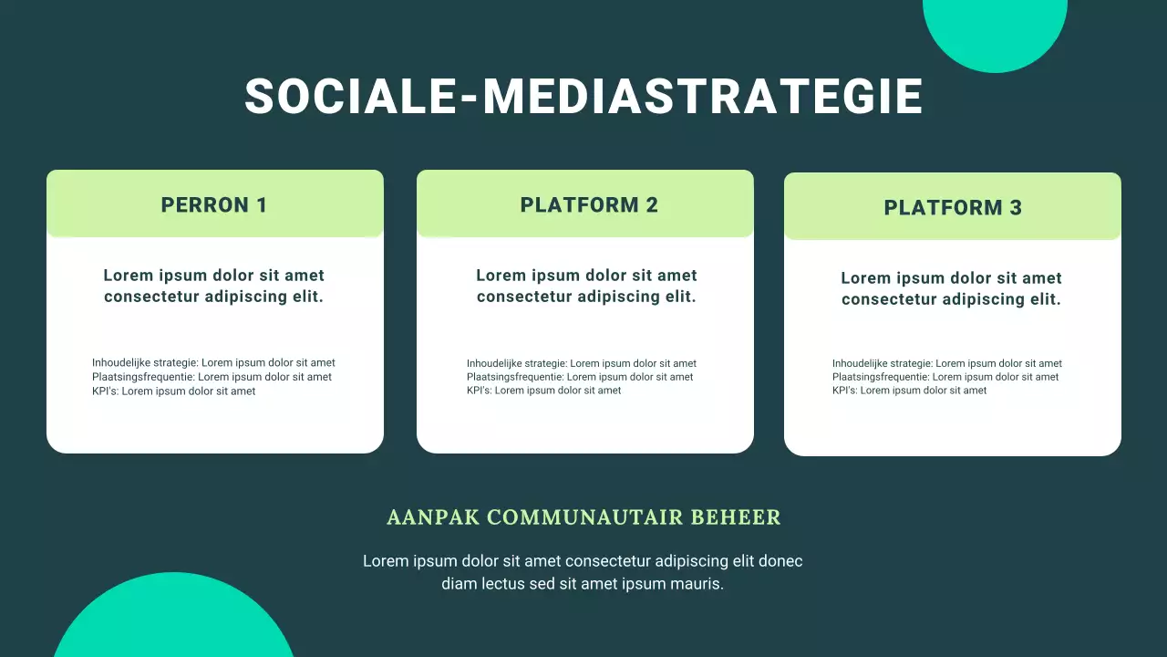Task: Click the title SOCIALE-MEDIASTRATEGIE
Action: click(x=583, y=96)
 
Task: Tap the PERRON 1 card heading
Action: click(x=214, y=205)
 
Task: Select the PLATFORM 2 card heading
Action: click(x=589, y=205)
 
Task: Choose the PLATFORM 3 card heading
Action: click(x=953, y=208)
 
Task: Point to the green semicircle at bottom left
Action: click(x=173, y=620)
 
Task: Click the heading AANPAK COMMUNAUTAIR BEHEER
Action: click(x=583, y=517)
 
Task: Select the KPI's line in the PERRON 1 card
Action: click(x=173, y=391)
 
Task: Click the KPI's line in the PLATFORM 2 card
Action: click(x=543, y=391)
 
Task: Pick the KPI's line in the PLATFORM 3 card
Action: click(x=909, y=391)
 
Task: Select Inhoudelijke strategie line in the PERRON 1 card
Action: click(x=213, y=363)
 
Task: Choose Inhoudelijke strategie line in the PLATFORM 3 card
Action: click(x=946, y=363)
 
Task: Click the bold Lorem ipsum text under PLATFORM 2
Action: click(x=586, y=286)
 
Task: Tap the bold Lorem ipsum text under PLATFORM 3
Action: click(x=951, y=288)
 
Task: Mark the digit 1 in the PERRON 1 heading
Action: click(x=262, y=205)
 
